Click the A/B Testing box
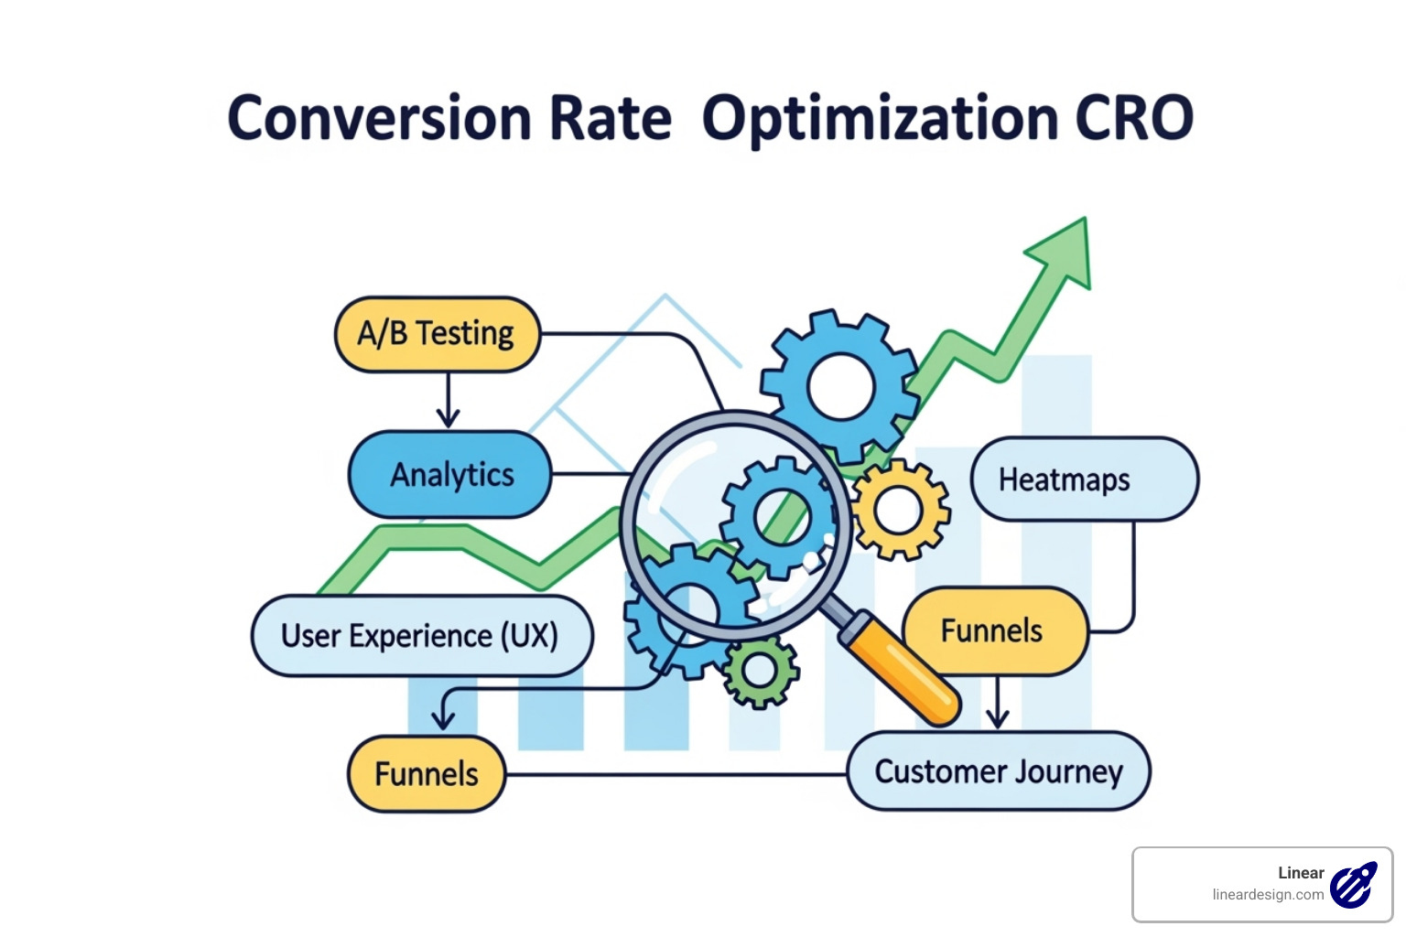tap(437, 334)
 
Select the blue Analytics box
tap(450, 475)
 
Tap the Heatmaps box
tap(1084, 479)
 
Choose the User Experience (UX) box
tap(421, 636)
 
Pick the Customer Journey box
tap(998, 771)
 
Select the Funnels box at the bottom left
tap(426, 774)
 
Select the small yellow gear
tap(900, 510)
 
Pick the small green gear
tap(760, 671)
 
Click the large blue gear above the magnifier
tap(839, 385)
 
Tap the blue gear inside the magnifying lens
tap(779, 518)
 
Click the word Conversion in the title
tap(378, 119)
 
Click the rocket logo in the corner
tap(1354, 885)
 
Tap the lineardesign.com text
tap(1268, 895)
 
